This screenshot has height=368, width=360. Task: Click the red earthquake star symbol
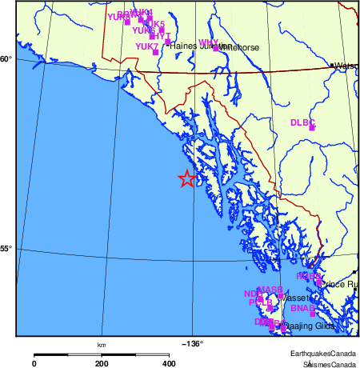point(186,178)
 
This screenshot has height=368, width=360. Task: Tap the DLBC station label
point(302,122)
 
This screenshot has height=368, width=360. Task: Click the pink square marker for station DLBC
point(312,128)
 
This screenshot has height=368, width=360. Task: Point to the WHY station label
point(208,42)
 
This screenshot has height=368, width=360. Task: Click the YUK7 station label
point(146,47)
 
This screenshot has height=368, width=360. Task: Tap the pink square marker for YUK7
point(155,53)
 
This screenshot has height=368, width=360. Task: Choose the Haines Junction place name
point(192,46)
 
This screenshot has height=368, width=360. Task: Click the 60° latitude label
point(6,59)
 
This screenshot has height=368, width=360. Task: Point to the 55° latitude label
point(6,249)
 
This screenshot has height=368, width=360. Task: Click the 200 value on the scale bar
point(102,363)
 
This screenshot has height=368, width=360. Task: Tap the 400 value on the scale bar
point(169,363)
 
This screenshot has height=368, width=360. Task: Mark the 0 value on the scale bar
point(34,363)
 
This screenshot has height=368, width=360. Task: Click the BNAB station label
point(301,308)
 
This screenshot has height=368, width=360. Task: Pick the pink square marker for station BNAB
point(312,314)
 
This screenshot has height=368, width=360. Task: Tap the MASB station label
point(269,289)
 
